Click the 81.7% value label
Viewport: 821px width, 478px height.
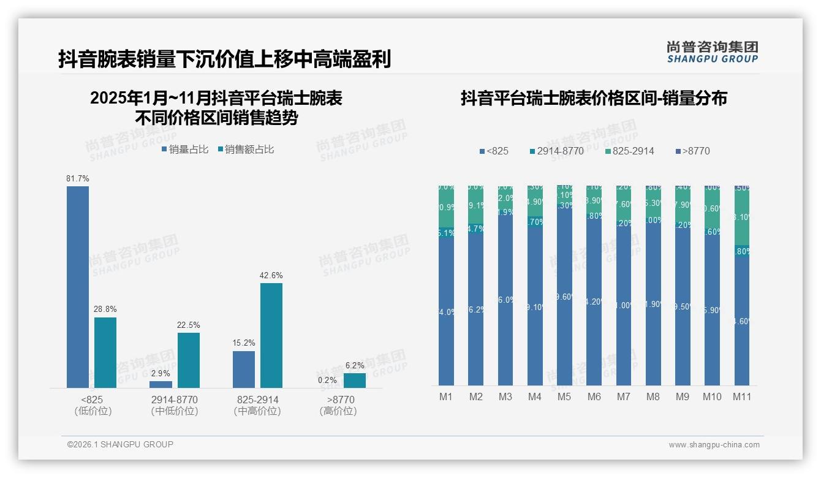pyautogui.click(x=78, y=178)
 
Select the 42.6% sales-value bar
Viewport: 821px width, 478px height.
pyautogui.click(x=271, y=335)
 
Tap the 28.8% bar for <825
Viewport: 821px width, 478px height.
pyautogui.click(x=105, y=352)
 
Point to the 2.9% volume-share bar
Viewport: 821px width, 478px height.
pyautogui.click(x=161, y=384)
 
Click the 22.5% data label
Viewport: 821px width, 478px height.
pyautogui.click(x=189, y=325)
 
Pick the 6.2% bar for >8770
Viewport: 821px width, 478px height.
pyautogui.click(x=355, y=381)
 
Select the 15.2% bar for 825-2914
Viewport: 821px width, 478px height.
pyautogui.click(x=244, y=369)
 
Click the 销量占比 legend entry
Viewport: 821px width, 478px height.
pyautogui.click(x=185, y=149)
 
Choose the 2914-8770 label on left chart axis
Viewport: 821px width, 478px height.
pyautogui.click(x=175, y=400)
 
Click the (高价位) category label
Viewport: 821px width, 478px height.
pyautogui.click(x=338, y=411)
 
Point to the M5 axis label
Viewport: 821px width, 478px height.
pyautogui.click(x=564, y=396)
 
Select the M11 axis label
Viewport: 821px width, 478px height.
pyautogui.click(x=742, y=396)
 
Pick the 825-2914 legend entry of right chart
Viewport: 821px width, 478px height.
pyautogui.click(x=629, y=151)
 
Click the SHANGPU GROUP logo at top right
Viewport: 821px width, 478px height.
pyautogui.click(x=712, y=52)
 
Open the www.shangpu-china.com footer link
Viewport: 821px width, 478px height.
pyautogui.click(x=714, y=445)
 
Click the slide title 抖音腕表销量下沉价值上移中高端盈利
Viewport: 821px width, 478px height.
pyautogui.click(x=224, y=59)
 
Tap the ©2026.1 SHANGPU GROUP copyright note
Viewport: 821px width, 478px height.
pyautogui.click(x=120, y=444)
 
